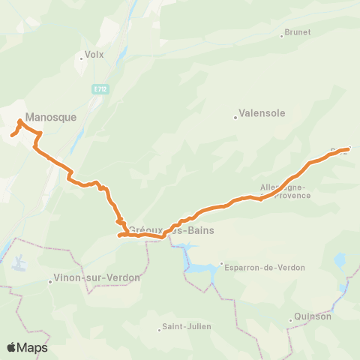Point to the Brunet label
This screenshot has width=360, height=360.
295,32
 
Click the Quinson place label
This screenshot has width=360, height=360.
313,316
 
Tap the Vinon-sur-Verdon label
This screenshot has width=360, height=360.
97,278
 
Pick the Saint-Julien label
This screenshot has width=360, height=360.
187,326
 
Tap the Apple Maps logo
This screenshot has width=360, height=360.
27,347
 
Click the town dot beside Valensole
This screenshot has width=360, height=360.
235,116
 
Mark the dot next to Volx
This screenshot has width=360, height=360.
81,57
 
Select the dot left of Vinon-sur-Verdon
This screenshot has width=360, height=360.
49,282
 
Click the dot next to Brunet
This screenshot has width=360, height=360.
282,35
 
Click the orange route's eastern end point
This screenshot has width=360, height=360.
349,148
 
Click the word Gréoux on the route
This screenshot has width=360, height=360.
143,230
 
